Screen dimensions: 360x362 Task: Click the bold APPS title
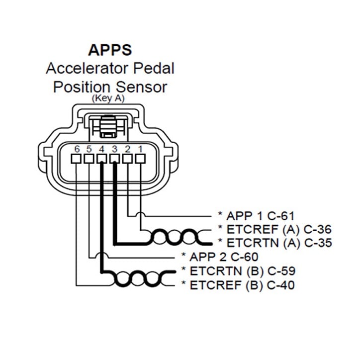tap(110, 50)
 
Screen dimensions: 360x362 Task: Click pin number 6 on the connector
tap(77, 149)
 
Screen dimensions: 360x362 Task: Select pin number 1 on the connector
tap(140, 149)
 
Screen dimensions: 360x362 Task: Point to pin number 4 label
tap(101, 149)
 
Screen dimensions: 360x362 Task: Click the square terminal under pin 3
tap(114, 159)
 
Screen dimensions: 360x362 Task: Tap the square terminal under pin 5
tap(89, 159)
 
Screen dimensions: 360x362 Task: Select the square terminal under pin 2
tap(127, 159)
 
